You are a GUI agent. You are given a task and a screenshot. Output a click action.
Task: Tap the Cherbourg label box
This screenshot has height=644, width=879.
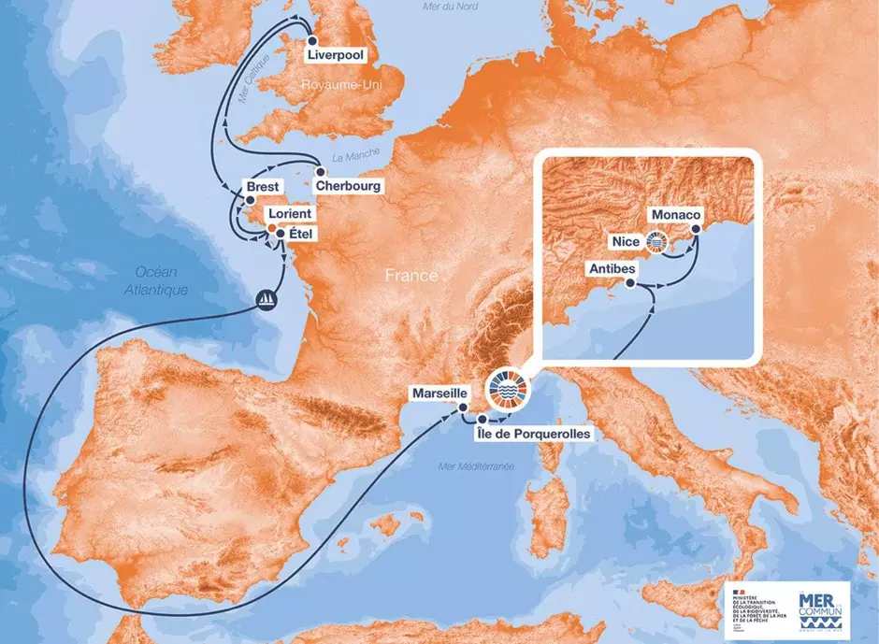[348, 186]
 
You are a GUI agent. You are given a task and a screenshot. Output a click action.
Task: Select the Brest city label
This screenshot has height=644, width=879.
[261, 187]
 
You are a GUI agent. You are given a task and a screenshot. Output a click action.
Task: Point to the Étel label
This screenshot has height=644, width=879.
[302, 231]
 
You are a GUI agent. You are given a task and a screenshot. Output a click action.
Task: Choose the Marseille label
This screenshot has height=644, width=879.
[439, 394]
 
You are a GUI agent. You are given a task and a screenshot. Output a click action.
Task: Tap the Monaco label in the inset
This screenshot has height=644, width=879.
[675, 214]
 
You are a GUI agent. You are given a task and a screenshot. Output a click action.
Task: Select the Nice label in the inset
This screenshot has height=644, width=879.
[626, 242]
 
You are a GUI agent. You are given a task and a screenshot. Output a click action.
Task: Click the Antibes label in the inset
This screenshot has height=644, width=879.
[612, 269]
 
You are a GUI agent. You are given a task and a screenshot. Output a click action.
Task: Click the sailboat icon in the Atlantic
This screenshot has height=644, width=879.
[267, 301]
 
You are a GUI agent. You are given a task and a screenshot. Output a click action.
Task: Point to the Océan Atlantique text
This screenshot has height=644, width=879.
[155, 280]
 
